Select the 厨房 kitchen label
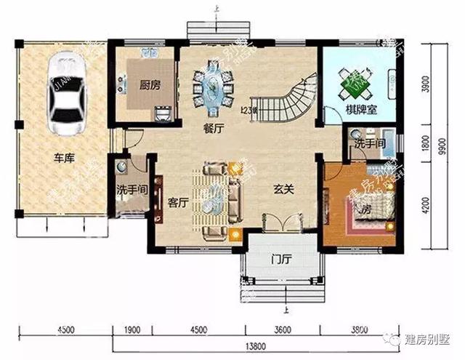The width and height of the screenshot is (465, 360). [150, 84]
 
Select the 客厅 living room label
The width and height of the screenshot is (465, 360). [179, 204]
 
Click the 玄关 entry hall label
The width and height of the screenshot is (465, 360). [283, 188]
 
